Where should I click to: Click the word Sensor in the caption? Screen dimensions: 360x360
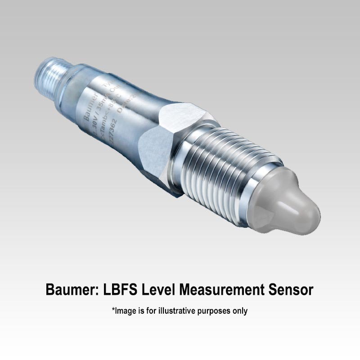point(290,290)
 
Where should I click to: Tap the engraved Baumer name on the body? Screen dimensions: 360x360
point(94,108)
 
